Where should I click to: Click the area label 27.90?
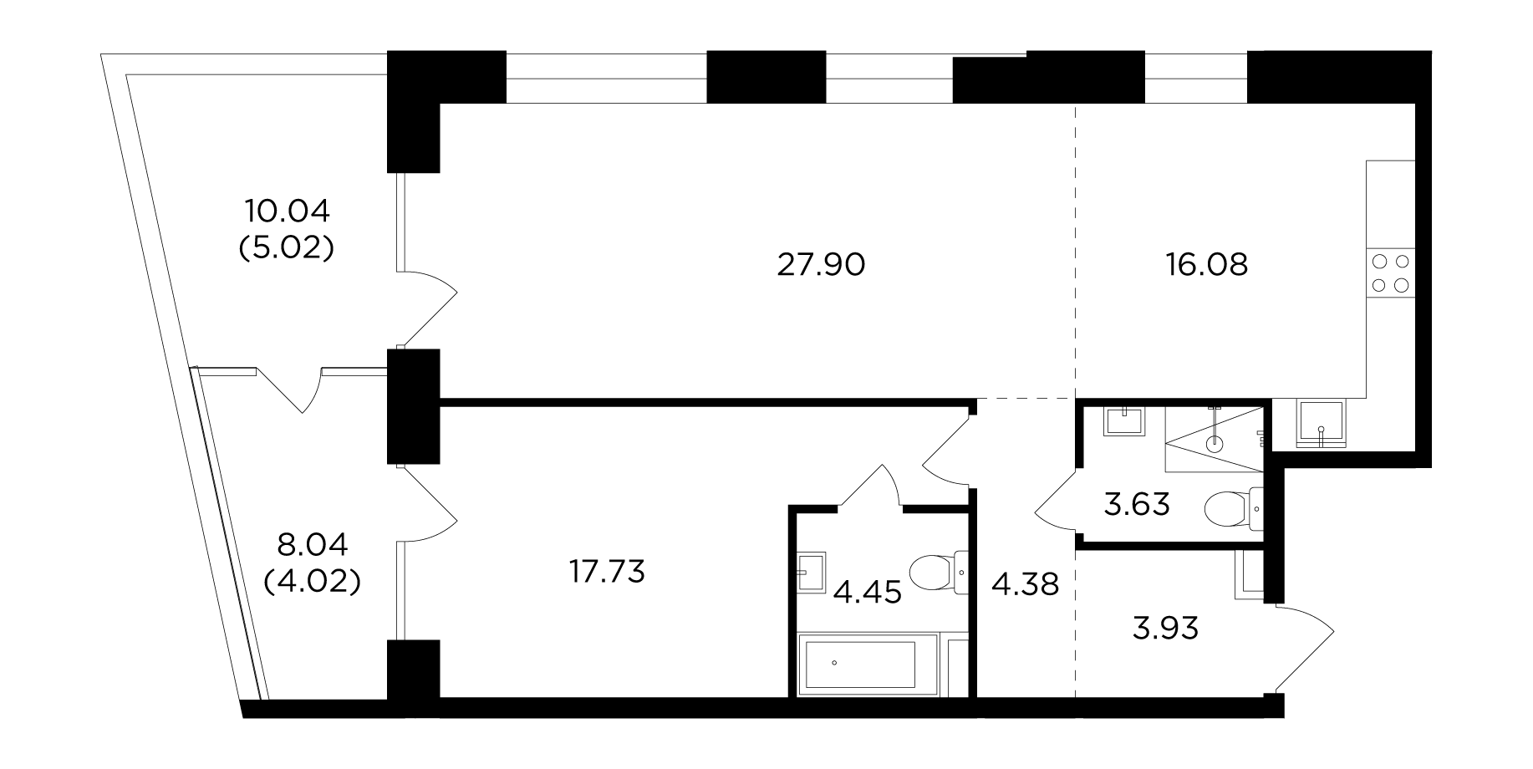(821, 265)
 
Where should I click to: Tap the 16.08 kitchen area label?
(1206, 265)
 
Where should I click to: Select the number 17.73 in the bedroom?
(607, 573)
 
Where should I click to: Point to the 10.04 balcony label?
(288, 211)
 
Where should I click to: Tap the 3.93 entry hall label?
(1165, 628)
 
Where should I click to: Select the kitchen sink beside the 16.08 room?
(1320, 425)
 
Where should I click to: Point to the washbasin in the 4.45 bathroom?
(812, 572)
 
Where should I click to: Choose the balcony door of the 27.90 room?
(427, 309)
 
